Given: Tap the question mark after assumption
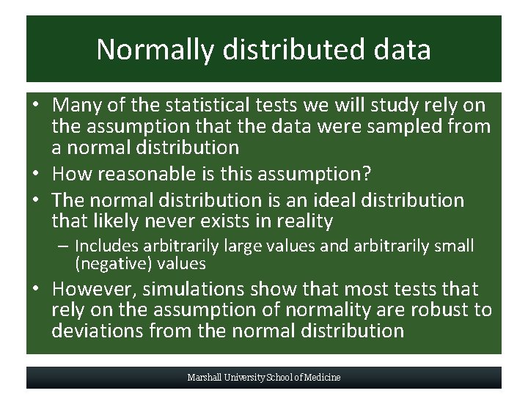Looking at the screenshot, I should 367,174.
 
